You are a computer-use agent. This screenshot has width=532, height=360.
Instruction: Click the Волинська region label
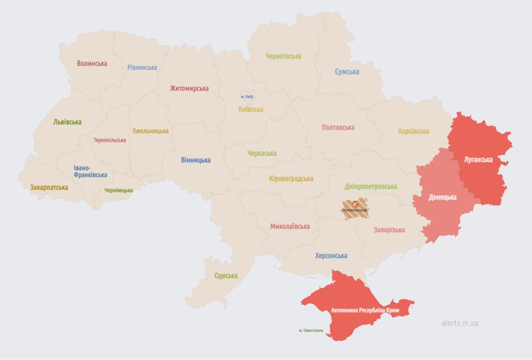(x=92, y=63)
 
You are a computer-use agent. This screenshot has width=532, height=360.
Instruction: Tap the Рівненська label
(x=142, y=67)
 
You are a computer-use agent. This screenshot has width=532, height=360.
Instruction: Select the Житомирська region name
(x=189, y=88)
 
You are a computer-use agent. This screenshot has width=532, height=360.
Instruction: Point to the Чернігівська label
(x=283, y=56)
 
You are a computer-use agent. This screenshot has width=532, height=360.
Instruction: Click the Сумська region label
(x=347, y=72)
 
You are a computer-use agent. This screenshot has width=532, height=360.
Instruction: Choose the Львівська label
(x=67, y=122)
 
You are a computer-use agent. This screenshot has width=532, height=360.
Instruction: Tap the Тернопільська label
(x=109, y=140)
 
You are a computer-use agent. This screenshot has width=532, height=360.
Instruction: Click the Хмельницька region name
(x=150, y=131)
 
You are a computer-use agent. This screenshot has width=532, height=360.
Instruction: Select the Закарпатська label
(x=49, y=187)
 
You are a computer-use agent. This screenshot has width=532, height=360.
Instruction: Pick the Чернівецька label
(x=118, y=190)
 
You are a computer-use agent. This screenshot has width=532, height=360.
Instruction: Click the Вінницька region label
(x=195, y=160)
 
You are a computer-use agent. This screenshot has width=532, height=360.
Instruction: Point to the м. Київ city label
(x=246, y=97)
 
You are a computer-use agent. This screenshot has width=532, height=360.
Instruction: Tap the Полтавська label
(x=338, y=127)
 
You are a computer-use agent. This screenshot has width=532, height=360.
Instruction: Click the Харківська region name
(x=413, y=131)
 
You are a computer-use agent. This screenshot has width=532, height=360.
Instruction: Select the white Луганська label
(x=478, y=160)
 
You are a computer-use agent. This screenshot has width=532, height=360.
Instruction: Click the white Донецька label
(x=442, y=197)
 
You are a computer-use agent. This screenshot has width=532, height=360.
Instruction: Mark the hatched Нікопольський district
(x=355, y=209)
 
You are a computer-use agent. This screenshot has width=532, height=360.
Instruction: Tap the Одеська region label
(x=226, y=276)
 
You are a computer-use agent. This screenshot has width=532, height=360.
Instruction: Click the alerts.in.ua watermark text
(x=460, y=323)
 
